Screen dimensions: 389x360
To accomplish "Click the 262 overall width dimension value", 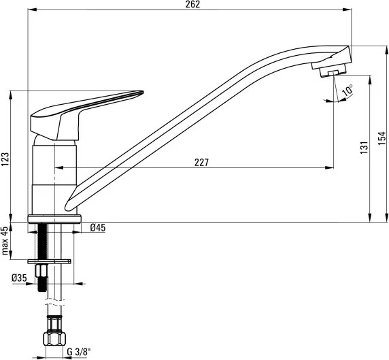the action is coord(192,4).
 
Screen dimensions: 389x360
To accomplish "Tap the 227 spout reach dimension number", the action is coord(201,163).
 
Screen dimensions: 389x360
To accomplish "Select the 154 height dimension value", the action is coord(382,139).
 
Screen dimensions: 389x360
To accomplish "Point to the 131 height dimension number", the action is coord(364,148).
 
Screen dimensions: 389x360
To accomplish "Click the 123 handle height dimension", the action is coord(5,159).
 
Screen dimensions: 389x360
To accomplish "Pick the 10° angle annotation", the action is coord(348,90).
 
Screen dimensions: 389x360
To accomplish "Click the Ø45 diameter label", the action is coord(98,227).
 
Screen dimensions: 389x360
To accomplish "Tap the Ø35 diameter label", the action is coord(19,278).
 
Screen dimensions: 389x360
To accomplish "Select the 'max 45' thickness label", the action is coord(5,241).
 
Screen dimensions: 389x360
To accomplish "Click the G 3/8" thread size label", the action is coord(79,352).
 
